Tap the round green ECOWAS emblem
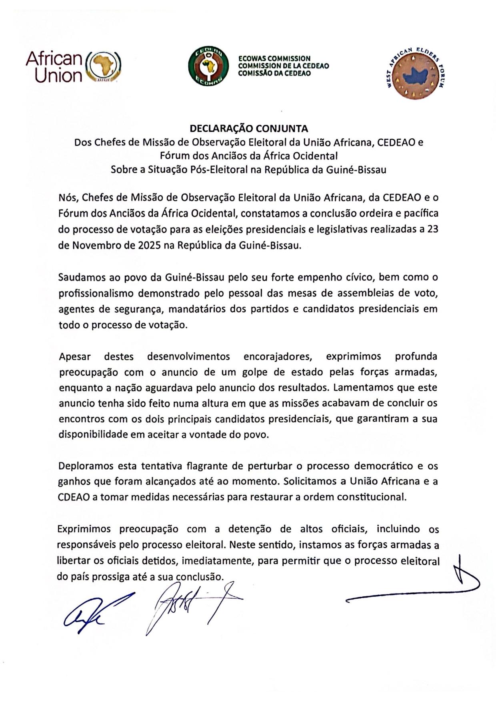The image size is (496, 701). tap(208, 66)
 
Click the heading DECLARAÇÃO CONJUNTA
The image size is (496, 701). tap(249, 129)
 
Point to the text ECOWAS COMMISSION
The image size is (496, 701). tap(274, 59)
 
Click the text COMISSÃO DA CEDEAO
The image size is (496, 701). tap(274, 74)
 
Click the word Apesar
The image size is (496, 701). tap(75, 356)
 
